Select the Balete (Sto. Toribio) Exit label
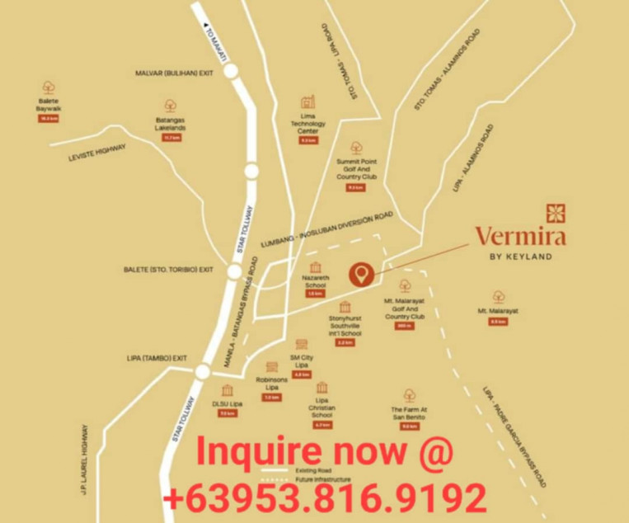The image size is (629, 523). point(168,270)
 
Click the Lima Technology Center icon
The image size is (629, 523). point(308,103)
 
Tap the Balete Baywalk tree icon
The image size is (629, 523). point(49,87)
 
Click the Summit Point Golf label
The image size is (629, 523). point(356,169)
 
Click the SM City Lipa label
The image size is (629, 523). point(302,361)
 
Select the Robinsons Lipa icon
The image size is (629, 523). point(272,368)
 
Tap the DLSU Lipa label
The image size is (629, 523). point(227,403)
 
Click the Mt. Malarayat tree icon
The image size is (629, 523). point(498,296)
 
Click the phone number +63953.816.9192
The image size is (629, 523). point(324,497)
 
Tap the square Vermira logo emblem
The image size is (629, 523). point(556,213)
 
